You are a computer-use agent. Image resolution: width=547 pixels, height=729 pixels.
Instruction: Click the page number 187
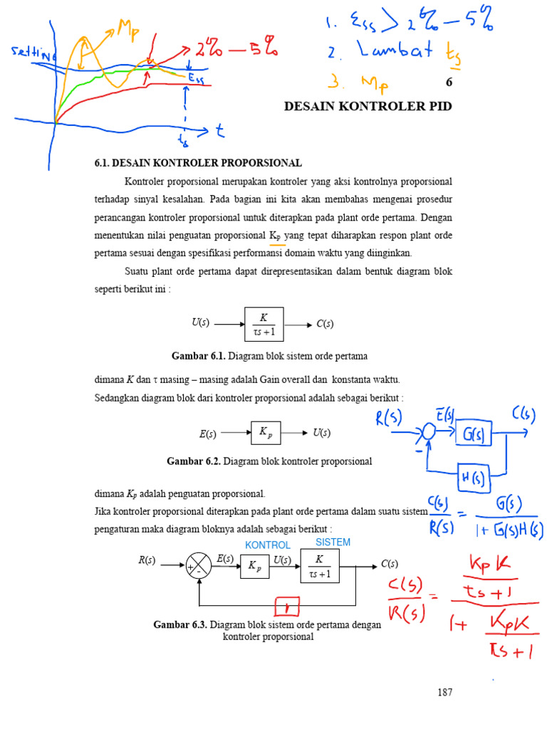[x=445, y=692]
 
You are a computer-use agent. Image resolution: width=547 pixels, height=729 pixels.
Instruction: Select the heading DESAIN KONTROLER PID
[x=368, y=106]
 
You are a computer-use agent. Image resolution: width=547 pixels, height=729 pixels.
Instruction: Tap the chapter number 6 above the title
[x=449, y=82]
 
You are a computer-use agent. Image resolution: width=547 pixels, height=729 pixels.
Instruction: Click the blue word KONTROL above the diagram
[x=267, y=545]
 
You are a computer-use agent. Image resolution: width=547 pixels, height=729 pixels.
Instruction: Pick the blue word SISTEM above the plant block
[x=333, y=542]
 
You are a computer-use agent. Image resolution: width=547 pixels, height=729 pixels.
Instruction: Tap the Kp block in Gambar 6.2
[x=266, y=432]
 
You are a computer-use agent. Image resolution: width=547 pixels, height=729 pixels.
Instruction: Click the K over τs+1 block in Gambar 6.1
[x=264, y=324]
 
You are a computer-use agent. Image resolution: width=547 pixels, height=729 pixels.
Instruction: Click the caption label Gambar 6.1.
[x=198, y=355]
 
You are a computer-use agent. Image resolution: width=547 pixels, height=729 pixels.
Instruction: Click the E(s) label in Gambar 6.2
[x=208, y=433]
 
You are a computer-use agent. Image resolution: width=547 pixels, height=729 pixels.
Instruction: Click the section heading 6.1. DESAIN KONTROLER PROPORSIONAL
[x=198, y=163]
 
